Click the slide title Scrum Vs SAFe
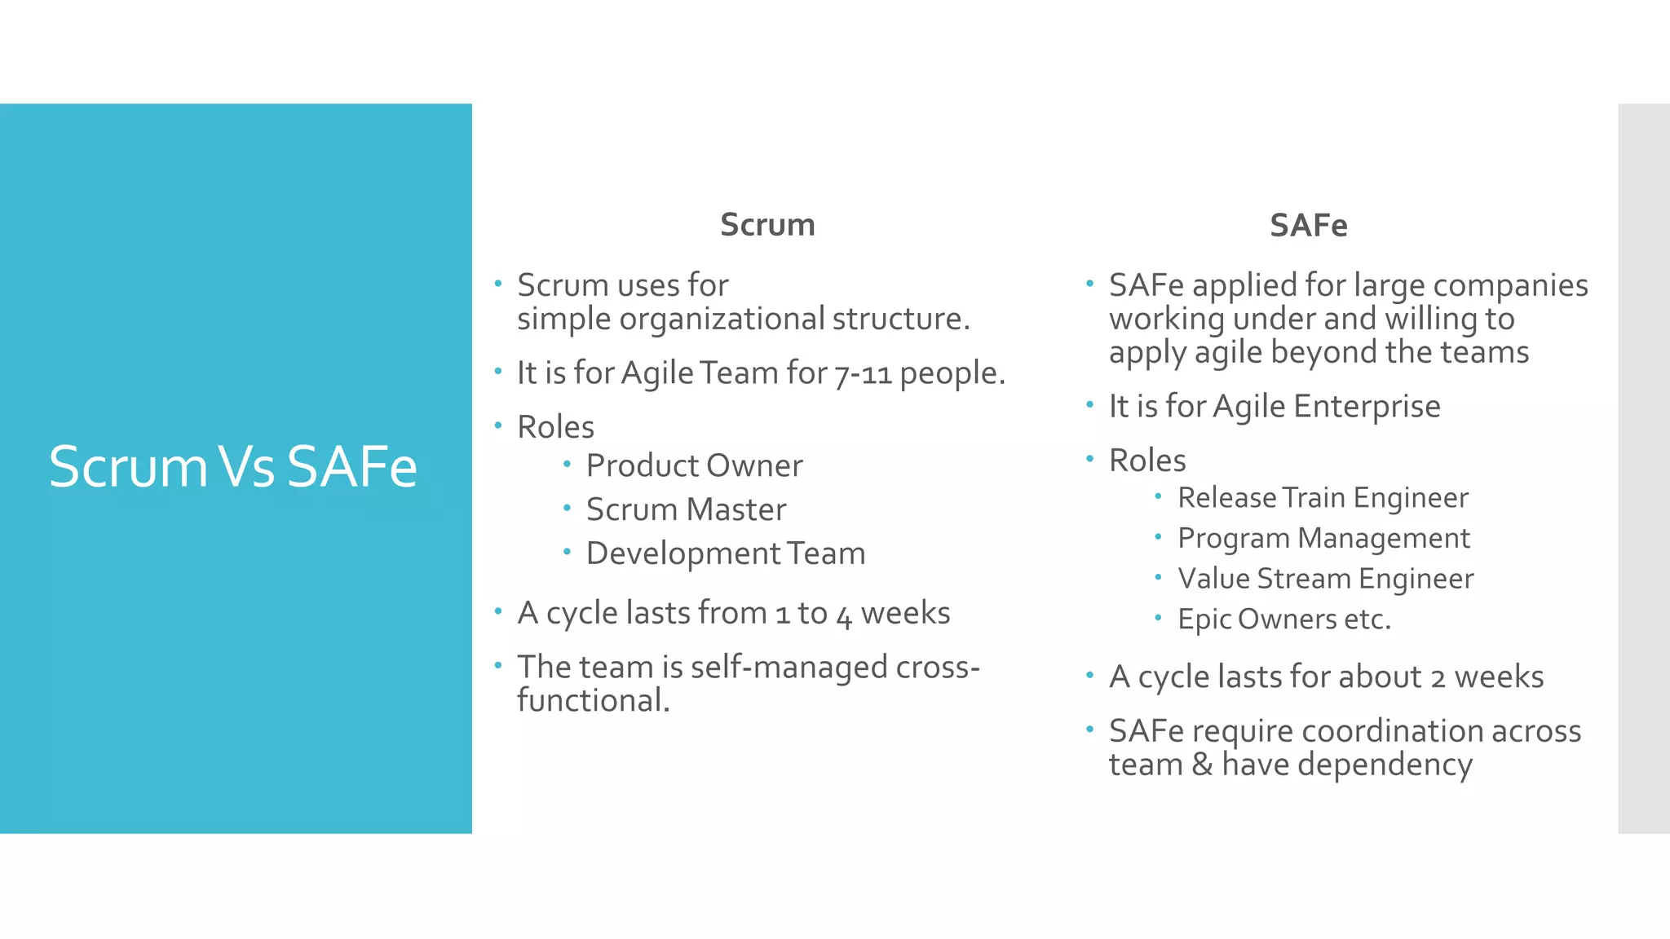tap(232, 467)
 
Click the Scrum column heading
tap(767, 225)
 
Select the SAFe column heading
tap(1308, 226)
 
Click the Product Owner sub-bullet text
tap(694, 465)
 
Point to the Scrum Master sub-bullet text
tap(686, 509)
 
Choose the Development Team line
tap(725, 553)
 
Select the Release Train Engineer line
tap(1323, 497)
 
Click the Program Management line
tap(1323, 538)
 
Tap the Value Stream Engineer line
tap(1325, 579)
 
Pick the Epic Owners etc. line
tap(1283, 619)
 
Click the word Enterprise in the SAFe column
tap(1367, 406)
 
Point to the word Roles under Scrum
tap(555, 427)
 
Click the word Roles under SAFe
tap(1146, 461)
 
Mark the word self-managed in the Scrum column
tap(789, 667)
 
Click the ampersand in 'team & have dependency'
tap(1202, 765)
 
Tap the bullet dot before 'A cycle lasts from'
tap(498, 611)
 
